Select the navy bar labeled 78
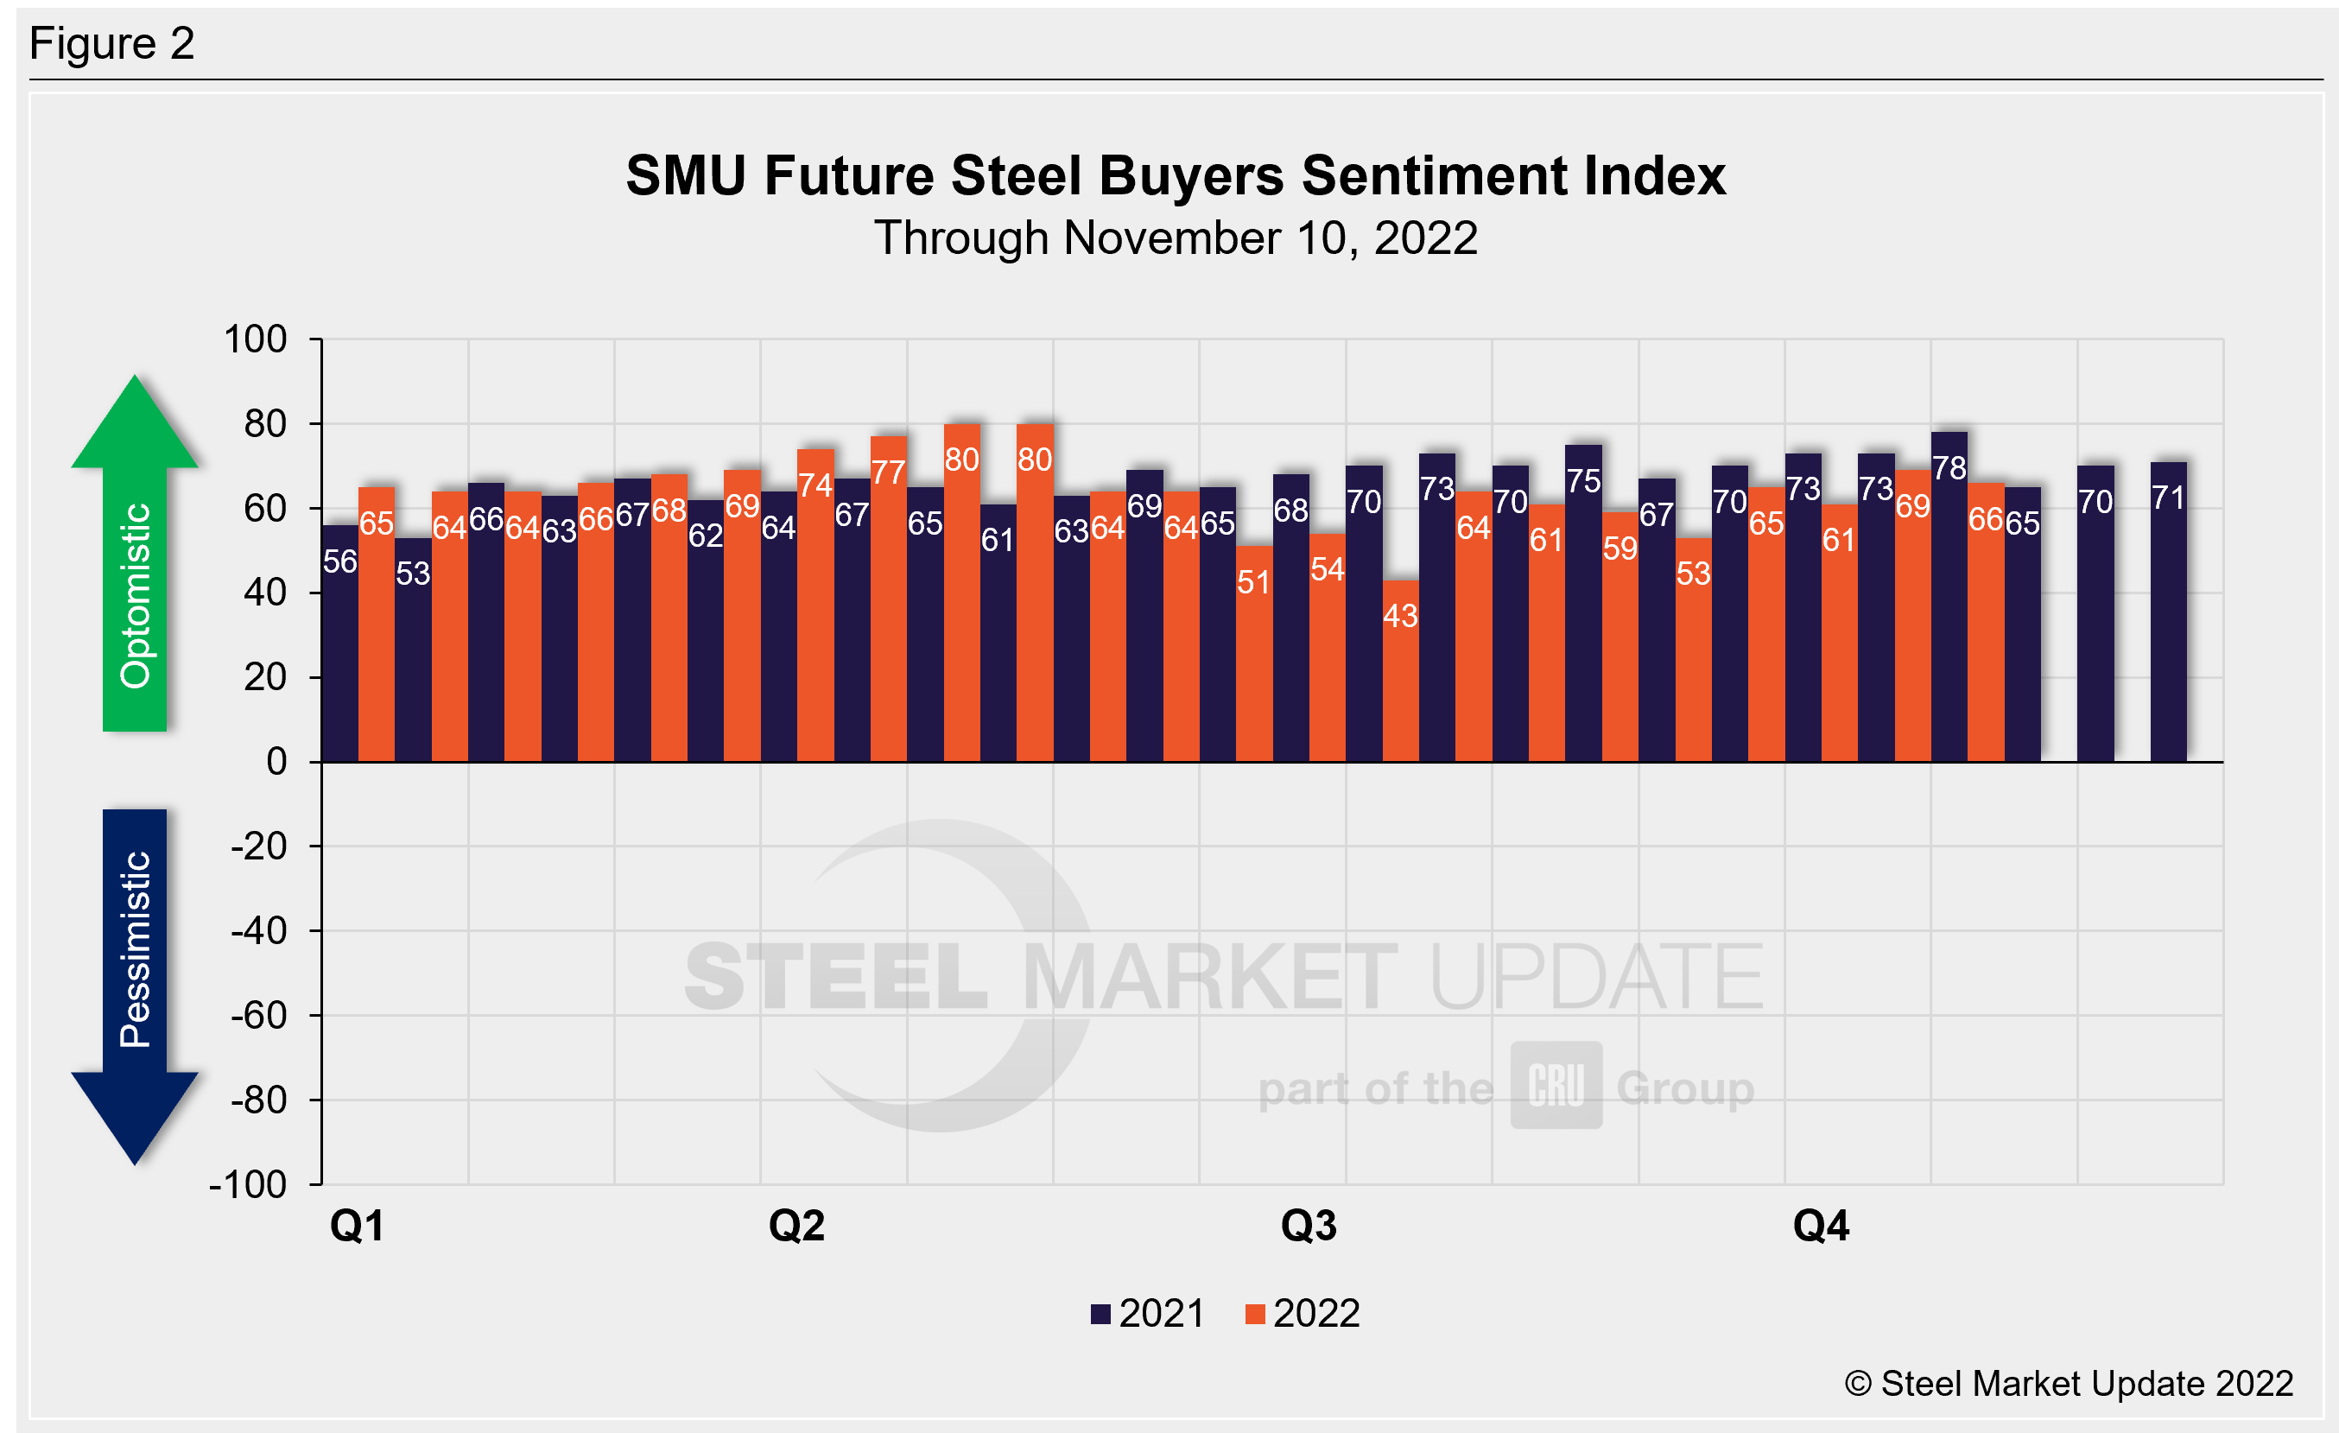tap(1949, 598)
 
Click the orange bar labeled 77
tap(889, 599)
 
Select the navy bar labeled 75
tap(1583, 604)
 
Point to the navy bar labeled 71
tap(2168, 612)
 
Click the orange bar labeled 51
tap(1254, 654)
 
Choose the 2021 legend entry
tap(1148, 1315)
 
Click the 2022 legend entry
tap(1303, 1315)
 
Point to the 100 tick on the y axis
tap(256, 339)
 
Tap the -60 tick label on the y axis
tap(258, 1016)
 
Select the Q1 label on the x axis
tap(357, 1226)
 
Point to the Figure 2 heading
tap(112, 44)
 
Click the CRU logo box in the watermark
tap(1556, 1085)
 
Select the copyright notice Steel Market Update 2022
tap(2070, 1384)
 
